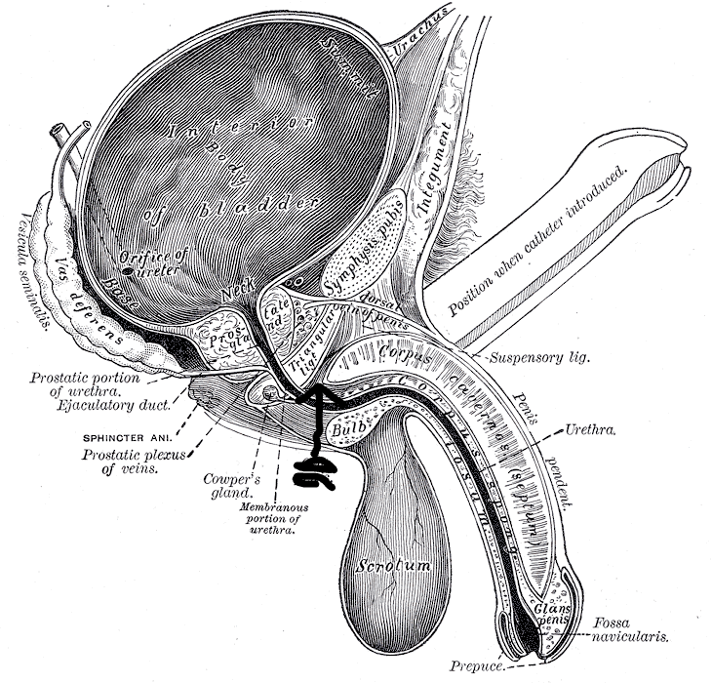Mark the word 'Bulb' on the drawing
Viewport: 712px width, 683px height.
click(348, 426)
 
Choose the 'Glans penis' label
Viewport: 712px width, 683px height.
click(552, 614)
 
